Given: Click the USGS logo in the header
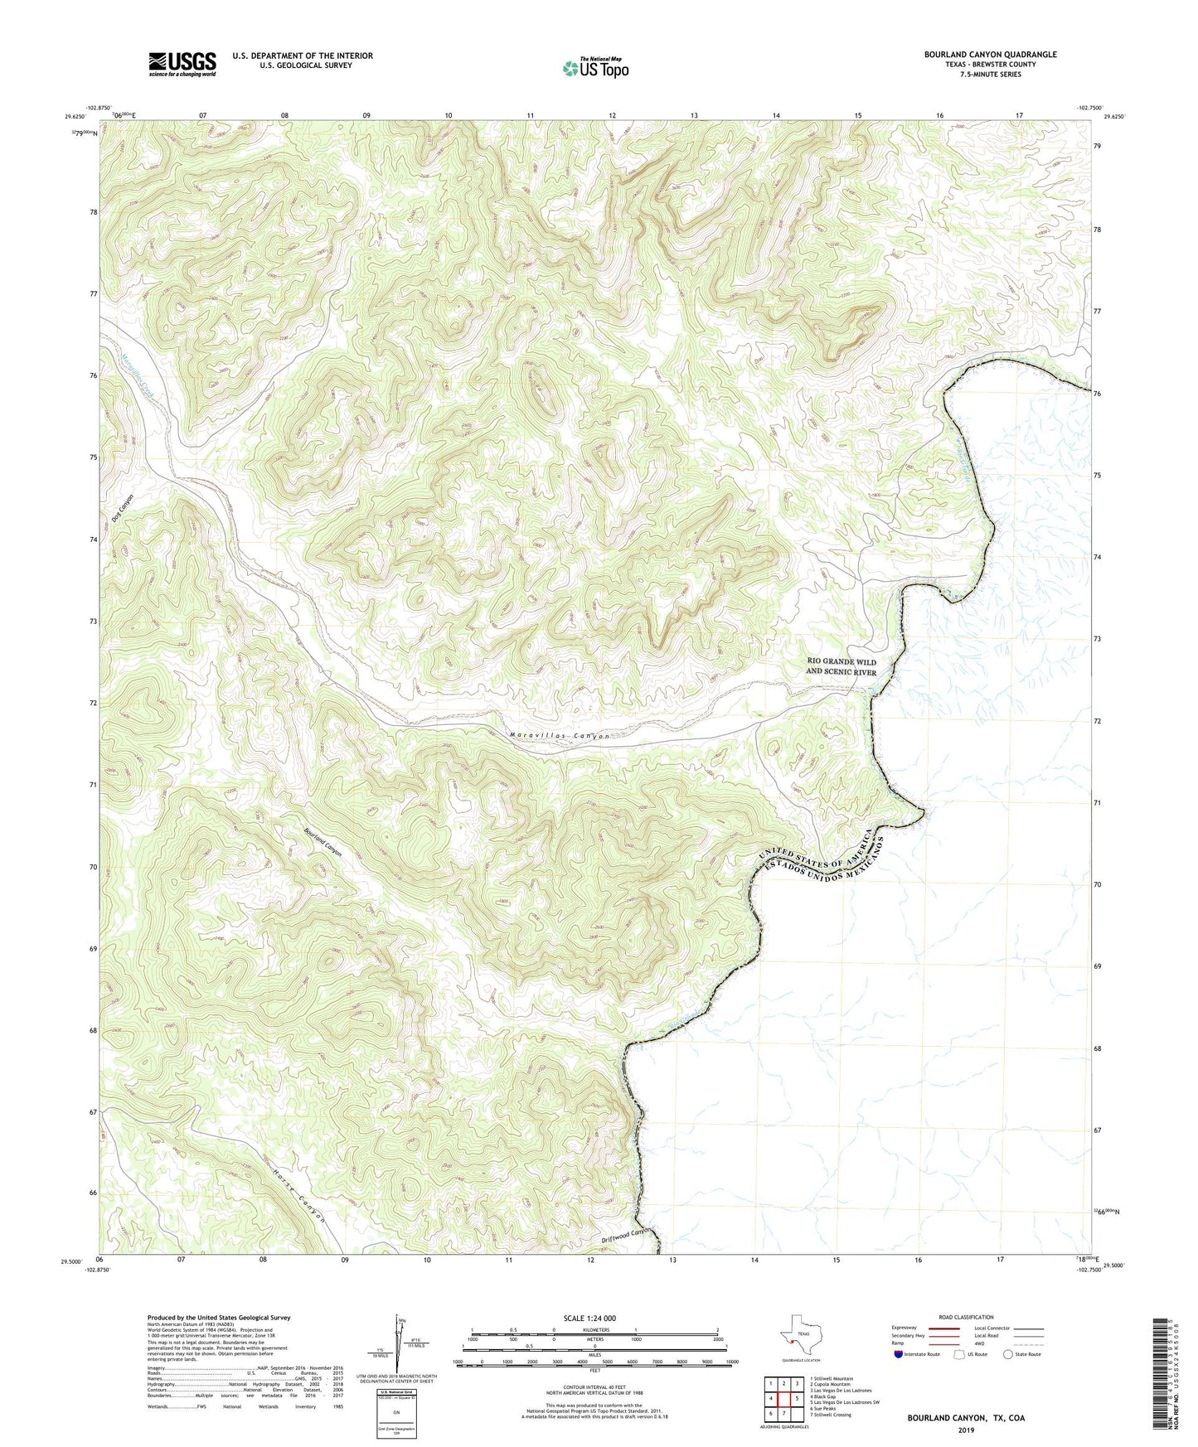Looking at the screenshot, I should pyautogui.click(x=182, y=64).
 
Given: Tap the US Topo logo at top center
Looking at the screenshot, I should pyautogui.click(x=595, y=68).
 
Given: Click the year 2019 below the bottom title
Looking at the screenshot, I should pyautogui.click(x=966, y=1430).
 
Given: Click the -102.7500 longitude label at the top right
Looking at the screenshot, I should pyautogui.click(x=1089, y=108).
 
